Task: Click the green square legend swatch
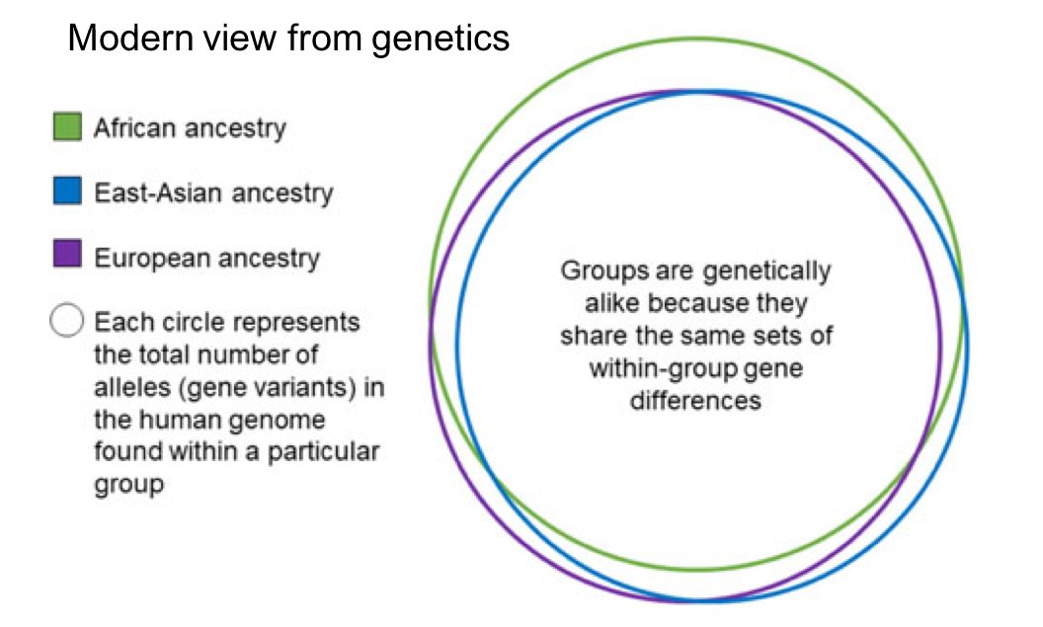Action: click(x=67, y=127)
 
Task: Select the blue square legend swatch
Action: click(x=67, y=192)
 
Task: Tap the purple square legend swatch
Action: click(x=67, y=257)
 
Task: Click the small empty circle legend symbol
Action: click(x=67, y=322)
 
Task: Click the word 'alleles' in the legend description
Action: click(x=128, y=387)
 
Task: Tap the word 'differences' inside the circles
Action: click(x=695, y=401)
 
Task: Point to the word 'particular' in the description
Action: click(x=328, y=453)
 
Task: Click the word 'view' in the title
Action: click(x=229, y=39)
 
